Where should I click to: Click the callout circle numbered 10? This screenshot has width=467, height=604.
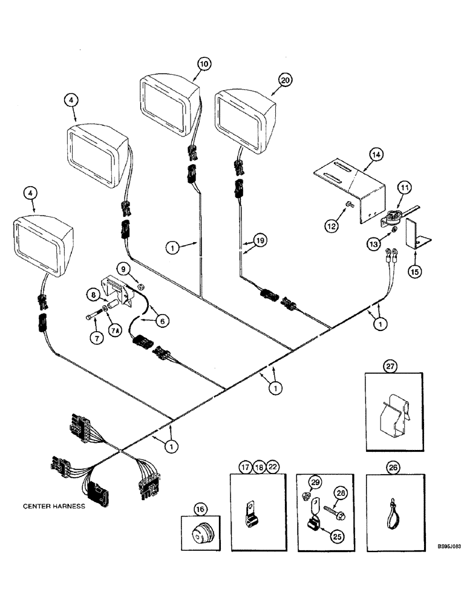pos(203,63)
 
